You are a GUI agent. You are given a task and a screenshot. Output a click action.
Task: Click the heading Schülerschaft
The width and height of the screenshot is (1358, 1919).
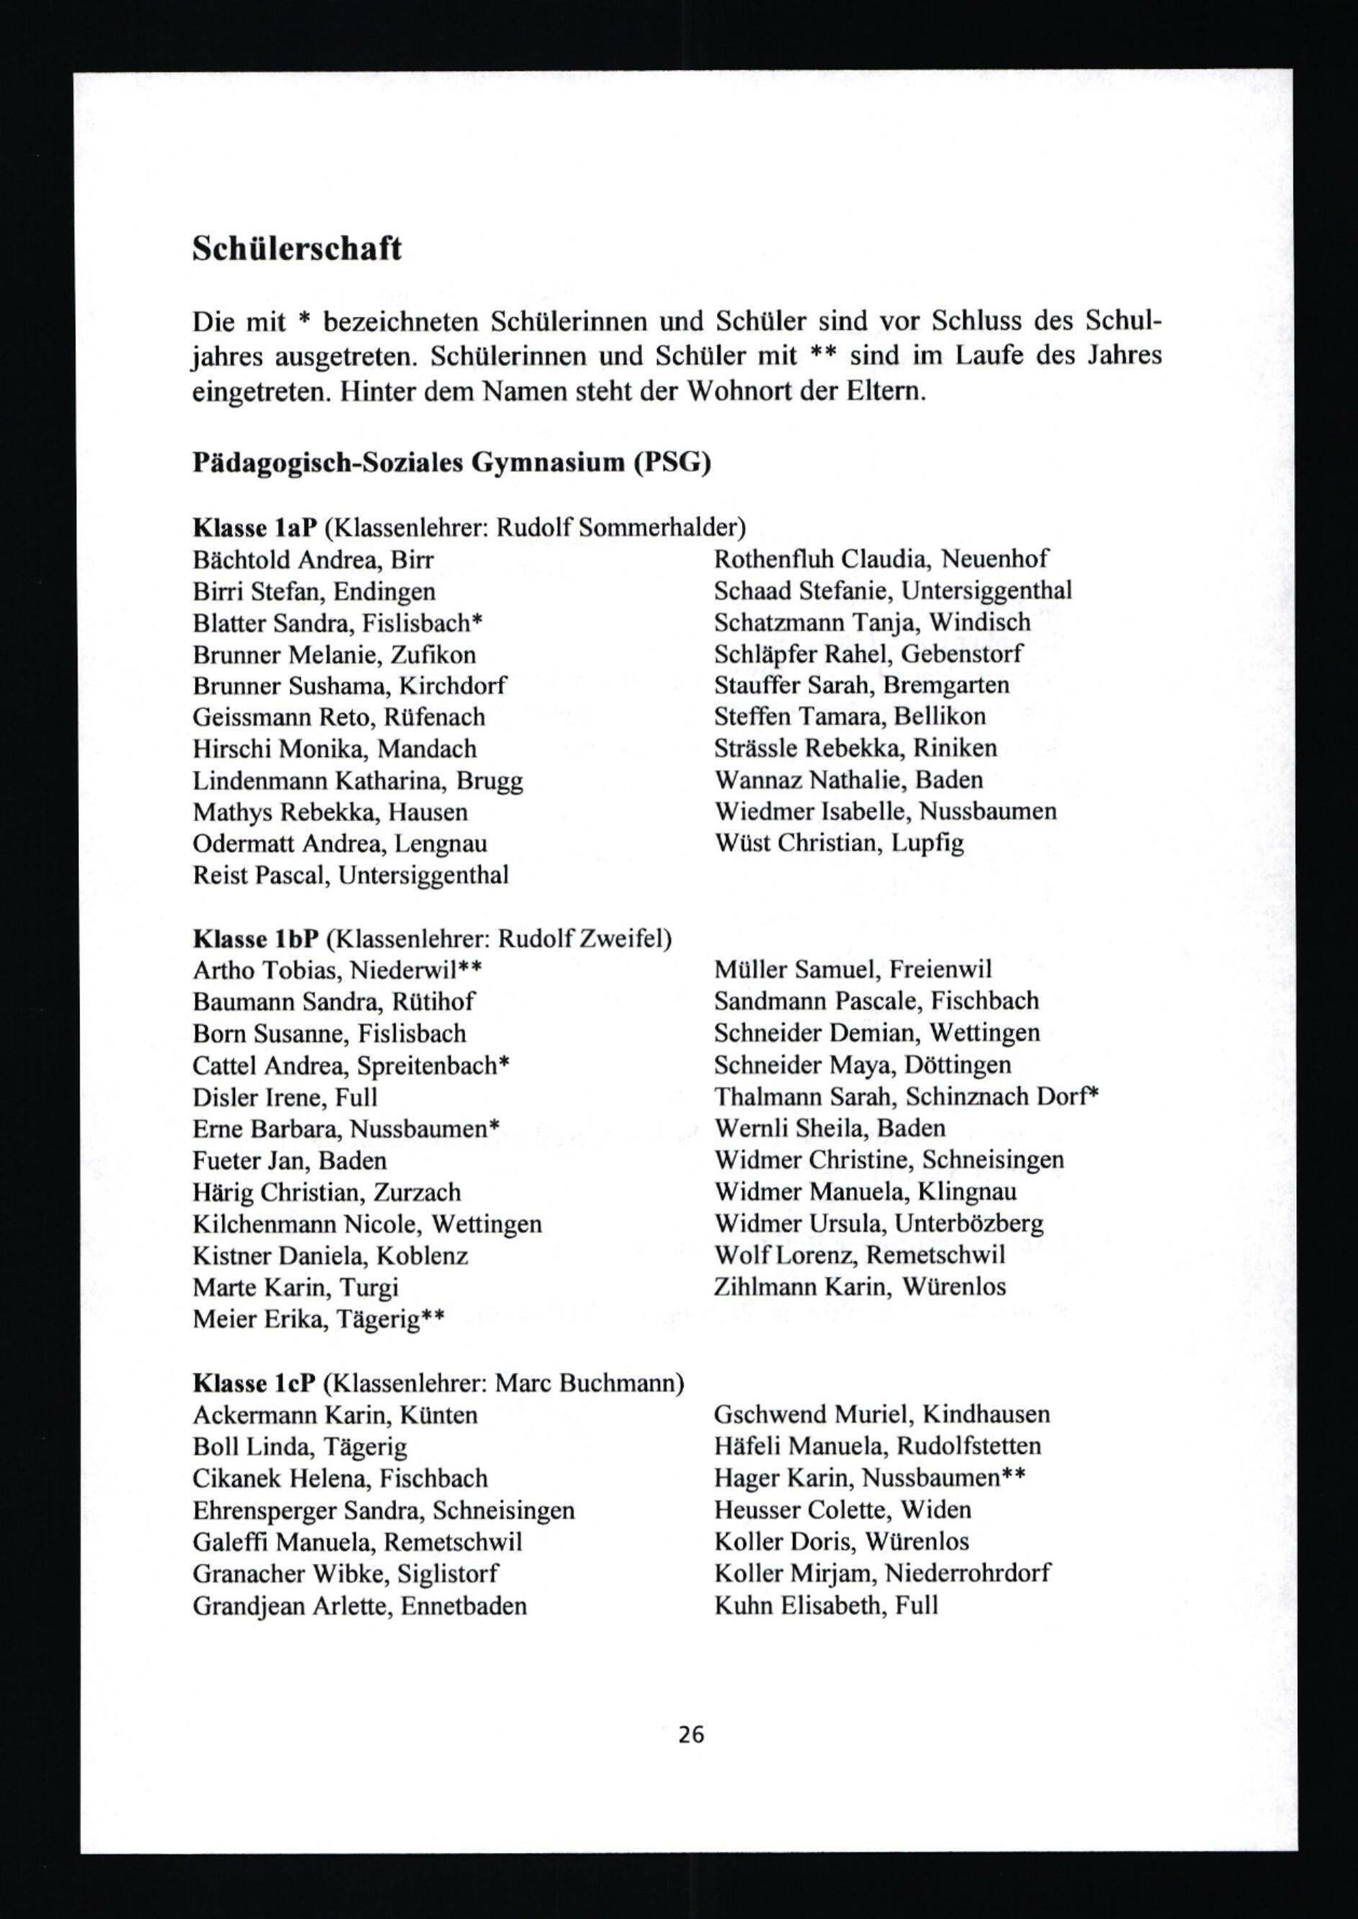[x=297, y=249]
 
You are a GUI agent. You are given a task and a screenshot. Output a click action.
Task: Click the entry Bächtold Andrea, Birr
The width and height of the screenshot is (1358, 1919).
[x=313, y=560]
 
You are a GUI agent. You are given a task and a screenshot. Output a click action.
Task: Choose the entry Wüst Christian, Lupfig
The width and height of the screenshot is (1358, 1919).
[x=839, y=843]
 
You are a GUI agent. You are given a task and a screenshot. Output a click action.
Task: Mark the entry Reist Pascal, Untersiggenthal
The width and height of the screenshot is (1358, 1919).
[x=350, y=875]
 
